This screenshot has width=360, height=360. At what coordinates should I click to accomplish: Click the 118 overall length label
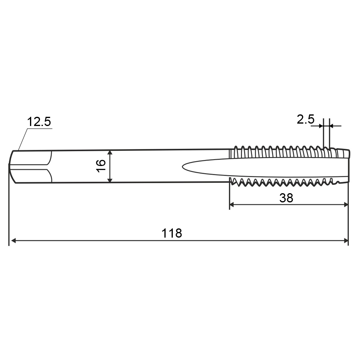[x=172, y=233]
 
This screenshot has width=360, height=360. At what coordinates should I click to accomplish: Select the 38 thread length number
[x=286, y=198]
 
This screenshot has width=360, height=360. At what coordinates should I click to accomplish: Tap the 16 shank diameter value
[x=101, y=166]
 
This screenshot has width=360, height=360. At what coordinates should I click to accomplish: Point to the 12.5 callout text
[x=39, y=121]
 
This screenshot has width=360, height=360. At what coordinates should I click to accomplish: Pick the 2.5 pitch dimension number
[x=305, y=119]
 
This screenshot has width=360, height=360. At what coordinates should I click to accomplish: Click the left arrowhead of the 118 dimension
[x=14, y=241]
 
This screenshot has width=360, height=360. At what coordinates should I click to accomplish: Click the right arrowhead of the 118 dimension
[x=346, y=241]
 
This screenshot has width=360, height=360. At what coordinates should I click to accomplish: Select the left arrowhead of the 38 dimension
[x=232, y=204]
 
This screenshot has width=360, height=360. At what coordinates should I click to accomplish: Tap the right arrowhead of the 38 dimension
[x=346, y=204]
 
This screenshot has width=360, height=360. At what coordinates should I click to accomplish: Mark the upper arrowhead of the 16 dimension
[x=110, y=153]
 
